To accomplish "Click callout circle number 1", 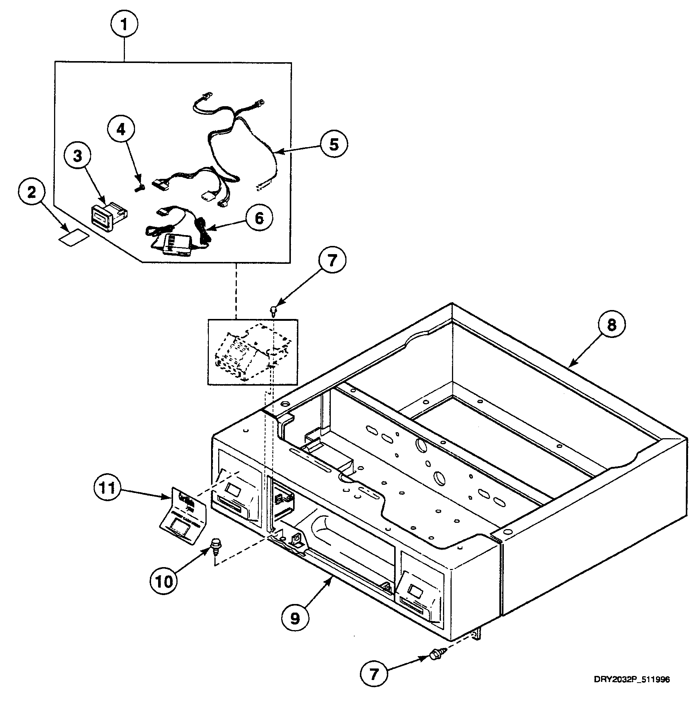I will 125,25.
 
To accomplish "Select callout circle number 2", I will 32,193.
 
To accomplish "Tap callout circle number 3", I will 78,156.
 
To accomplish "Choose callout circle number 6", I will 258,218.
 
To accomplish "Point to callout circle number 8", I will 611,325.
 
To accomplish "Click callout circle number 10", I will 164,581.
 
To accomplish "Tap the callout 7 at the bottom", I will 374,674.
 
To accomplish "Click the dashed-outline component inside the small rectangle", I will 252,352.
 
